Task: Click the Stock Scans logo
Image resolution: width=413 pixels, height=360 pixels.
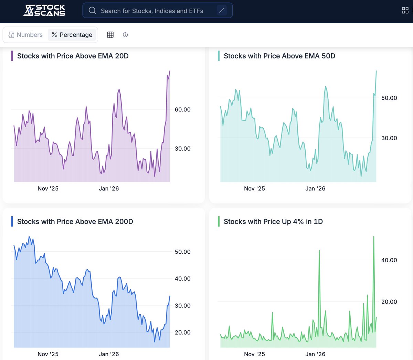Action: coord(44,10)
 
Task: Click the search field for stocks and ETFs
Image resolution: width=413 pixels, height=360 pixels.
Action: coord(151,11)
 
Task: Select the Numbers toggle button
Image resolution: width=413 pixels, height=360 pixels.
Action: coord(25,35)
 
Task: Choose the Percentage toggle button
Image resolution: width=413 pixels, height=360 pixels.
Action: coord(72,35)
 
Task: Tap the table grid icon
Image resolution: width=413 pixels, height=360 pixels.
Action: coord(110,35)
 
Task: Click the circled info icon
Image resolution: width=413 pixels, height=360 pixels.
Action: coord(125,35)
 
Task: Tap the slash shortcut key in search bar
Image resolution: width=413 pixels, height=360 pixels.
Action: coord(222,11)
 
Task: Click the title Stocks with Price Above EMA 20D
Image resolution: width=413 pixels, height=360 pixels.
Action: coord(73,56)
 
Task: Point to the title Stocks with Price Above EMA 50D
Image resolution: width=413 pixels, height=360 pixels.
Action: coord(279,56)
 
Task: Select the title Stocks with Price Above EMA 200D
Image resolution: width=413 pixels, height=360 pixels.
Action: coord(75,222)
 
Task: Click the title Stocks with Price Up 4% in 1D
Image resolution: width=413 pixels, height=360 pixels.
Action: coord(273,222)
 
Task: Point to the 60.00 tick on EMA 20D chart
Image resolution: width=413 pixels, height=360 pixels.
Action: coord(182,110)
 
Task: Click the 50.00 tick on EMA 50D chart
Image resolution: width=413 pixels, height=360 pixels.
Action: coord(389,98)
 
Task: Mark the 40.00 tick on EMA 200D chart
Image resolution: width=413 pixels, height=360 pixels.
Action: coord(182,279)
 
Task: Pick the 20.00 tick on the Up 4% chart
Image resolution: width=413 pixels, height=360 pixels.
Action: coord(389,302)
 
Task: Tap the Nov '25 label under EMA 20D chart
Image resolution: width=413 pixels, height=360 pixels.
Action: coord(48,188)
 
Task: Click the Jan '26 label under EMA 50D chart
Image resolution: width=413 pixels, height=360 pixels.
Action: coord(315,188)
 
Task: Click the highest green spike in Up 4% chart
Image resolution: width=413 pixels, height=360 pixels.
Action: coord(374,237)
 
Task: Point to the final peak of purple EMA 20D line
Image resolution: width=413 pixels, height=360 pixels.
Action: coord(170,72)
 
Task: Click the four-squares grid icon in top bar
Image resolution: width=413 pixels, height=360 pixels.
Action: coord(405,10)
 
